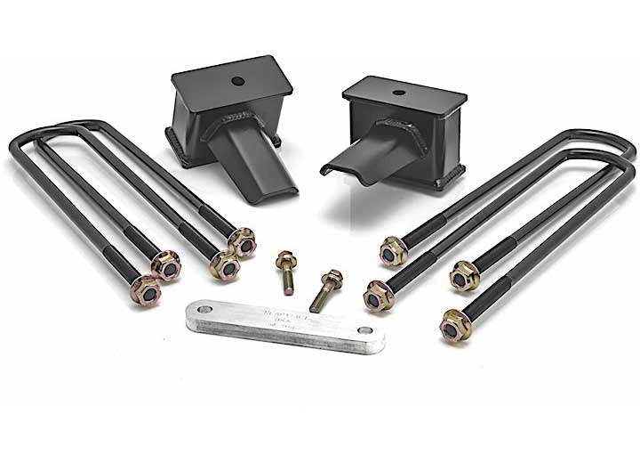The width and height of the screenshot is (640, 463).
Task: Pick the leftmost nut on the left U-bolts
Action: pos(148,291)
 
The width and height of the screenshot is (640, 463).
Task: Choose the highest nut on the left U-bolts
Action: pos(241,240)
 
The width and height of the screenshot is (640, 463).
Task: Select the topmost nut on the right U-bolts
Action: pos(392,251)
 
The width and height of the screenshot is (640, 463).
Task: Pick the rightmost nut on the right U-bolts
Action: pos(465,276)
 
